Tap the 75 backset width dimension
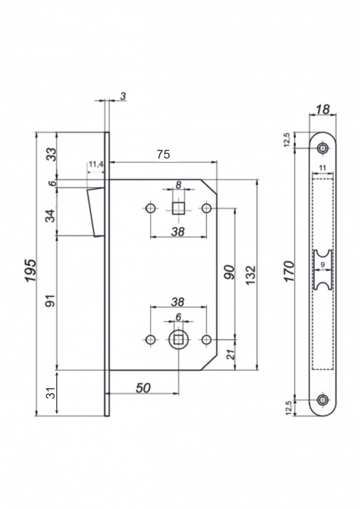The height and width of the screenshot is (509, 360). [x=163, y=154]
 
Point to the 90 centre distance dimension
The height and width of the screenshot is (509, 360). [x=229, y=272]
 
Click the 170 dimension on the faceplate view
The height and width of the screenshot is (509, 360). [x=289, y=272]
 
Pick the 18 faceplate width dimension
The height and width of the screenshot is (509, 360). [x=322, y=109]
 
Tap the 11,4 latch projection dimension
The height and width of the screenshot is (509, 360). [x=96, y=164]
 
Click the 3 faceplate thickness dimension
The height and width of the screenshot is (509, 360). [x=123, y=96]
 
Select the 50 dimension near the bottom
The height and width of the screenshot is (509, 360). [x=143, y=387]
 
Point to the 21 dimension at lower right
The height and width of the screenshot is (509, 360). [x=230, y=354]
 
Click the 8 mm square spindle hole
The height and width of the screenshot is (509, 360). [x=178, y=208]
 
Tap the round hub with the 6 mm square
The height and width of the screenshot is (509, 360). [x=178, y=340]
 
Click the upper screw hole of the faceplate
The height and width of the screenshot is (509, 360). [x=322, y=148]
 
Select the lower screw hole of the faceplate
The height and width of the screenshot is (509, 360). [x=322, y=400]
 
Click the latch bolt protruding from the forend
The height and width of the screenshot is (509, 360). [x=96, y=212]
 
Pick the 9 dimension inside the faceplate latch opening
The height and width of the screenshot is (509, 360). [x=322, y=265]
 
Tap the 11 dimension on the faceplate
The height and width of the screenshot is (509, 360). [x=322, y=168]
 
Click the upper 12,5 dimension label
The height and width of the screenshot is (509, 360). [x=287, y=140]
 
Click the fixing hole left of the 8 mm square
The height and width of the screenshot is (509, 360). [x=150, y=208]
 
